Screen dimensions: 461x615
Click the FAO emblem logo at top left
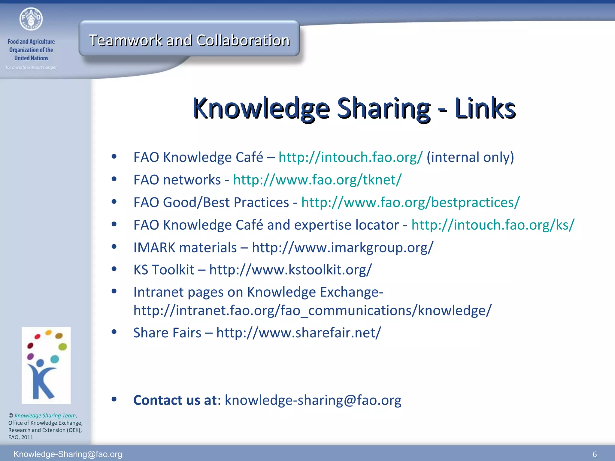pos(31,19)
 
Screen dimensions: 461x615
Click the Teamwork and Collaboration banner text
pos(189,40)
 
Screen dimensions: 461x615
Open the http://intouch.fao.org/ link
pos(350,157)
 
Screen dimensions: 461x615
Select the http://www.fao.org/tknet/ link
pos(317,180)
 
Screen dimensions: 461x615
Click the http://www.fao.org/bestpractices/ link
pos(410,202)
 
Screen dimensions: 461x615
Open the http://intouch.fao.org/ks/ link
pos(492,225)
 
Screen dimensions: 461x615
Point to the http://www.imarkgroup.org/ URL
pos(343,248)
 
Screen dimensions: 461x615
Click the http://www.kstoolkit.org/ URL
pos(290,270)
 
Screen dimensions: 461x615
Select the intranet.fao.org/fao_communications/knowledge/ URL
pos(312,310)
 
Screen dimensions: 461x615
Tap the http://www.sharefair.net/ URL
pos(298,333)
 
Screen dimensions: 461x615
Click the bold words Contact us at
pos(175,400)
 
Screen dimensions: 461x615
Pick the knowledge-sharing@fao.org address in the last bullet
pos(313,400)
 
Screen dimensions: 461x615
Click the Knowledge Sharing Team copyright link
pos(45,415)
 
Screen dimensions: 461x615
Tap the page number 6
pos(594,454)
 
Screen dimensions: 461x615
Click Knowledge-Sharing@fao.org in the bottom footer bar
pos(68,454)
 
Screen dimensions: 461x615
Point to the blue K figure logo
pos(46,365)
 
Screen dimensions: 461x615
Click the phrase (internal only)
pos(470,157)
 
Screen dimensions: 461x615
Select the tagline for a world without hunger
pos(31,67)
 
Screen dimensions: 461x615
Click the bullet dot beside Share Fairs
pos(114,332)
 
